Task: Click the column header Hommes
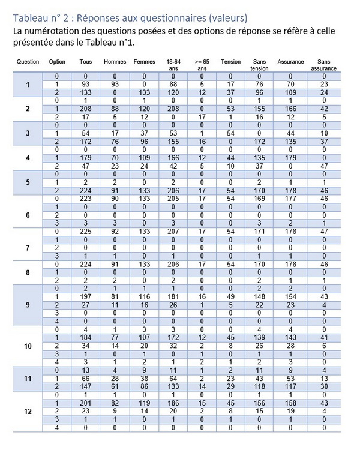point(115,62)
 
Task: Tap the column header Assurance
point(290,62)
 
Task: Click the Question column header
point(28,62)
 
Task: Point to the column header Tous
point(86,62)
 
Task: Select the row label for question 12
point(28,412)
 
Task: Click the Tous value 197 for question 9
point(86,296)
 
